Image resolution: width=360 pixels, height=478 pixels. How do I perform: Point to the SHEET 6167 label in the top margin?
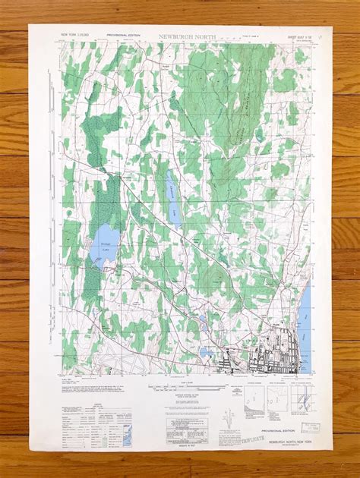point(295,35)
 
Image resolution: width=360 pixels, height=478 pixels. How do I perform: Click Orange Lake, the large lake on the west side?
point(100,250)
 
